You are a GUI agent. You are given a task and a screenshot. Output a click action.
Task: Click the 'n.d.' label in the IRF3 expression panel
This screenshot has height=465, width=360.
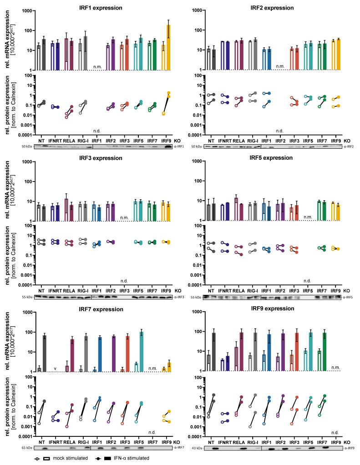[124, 281]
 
